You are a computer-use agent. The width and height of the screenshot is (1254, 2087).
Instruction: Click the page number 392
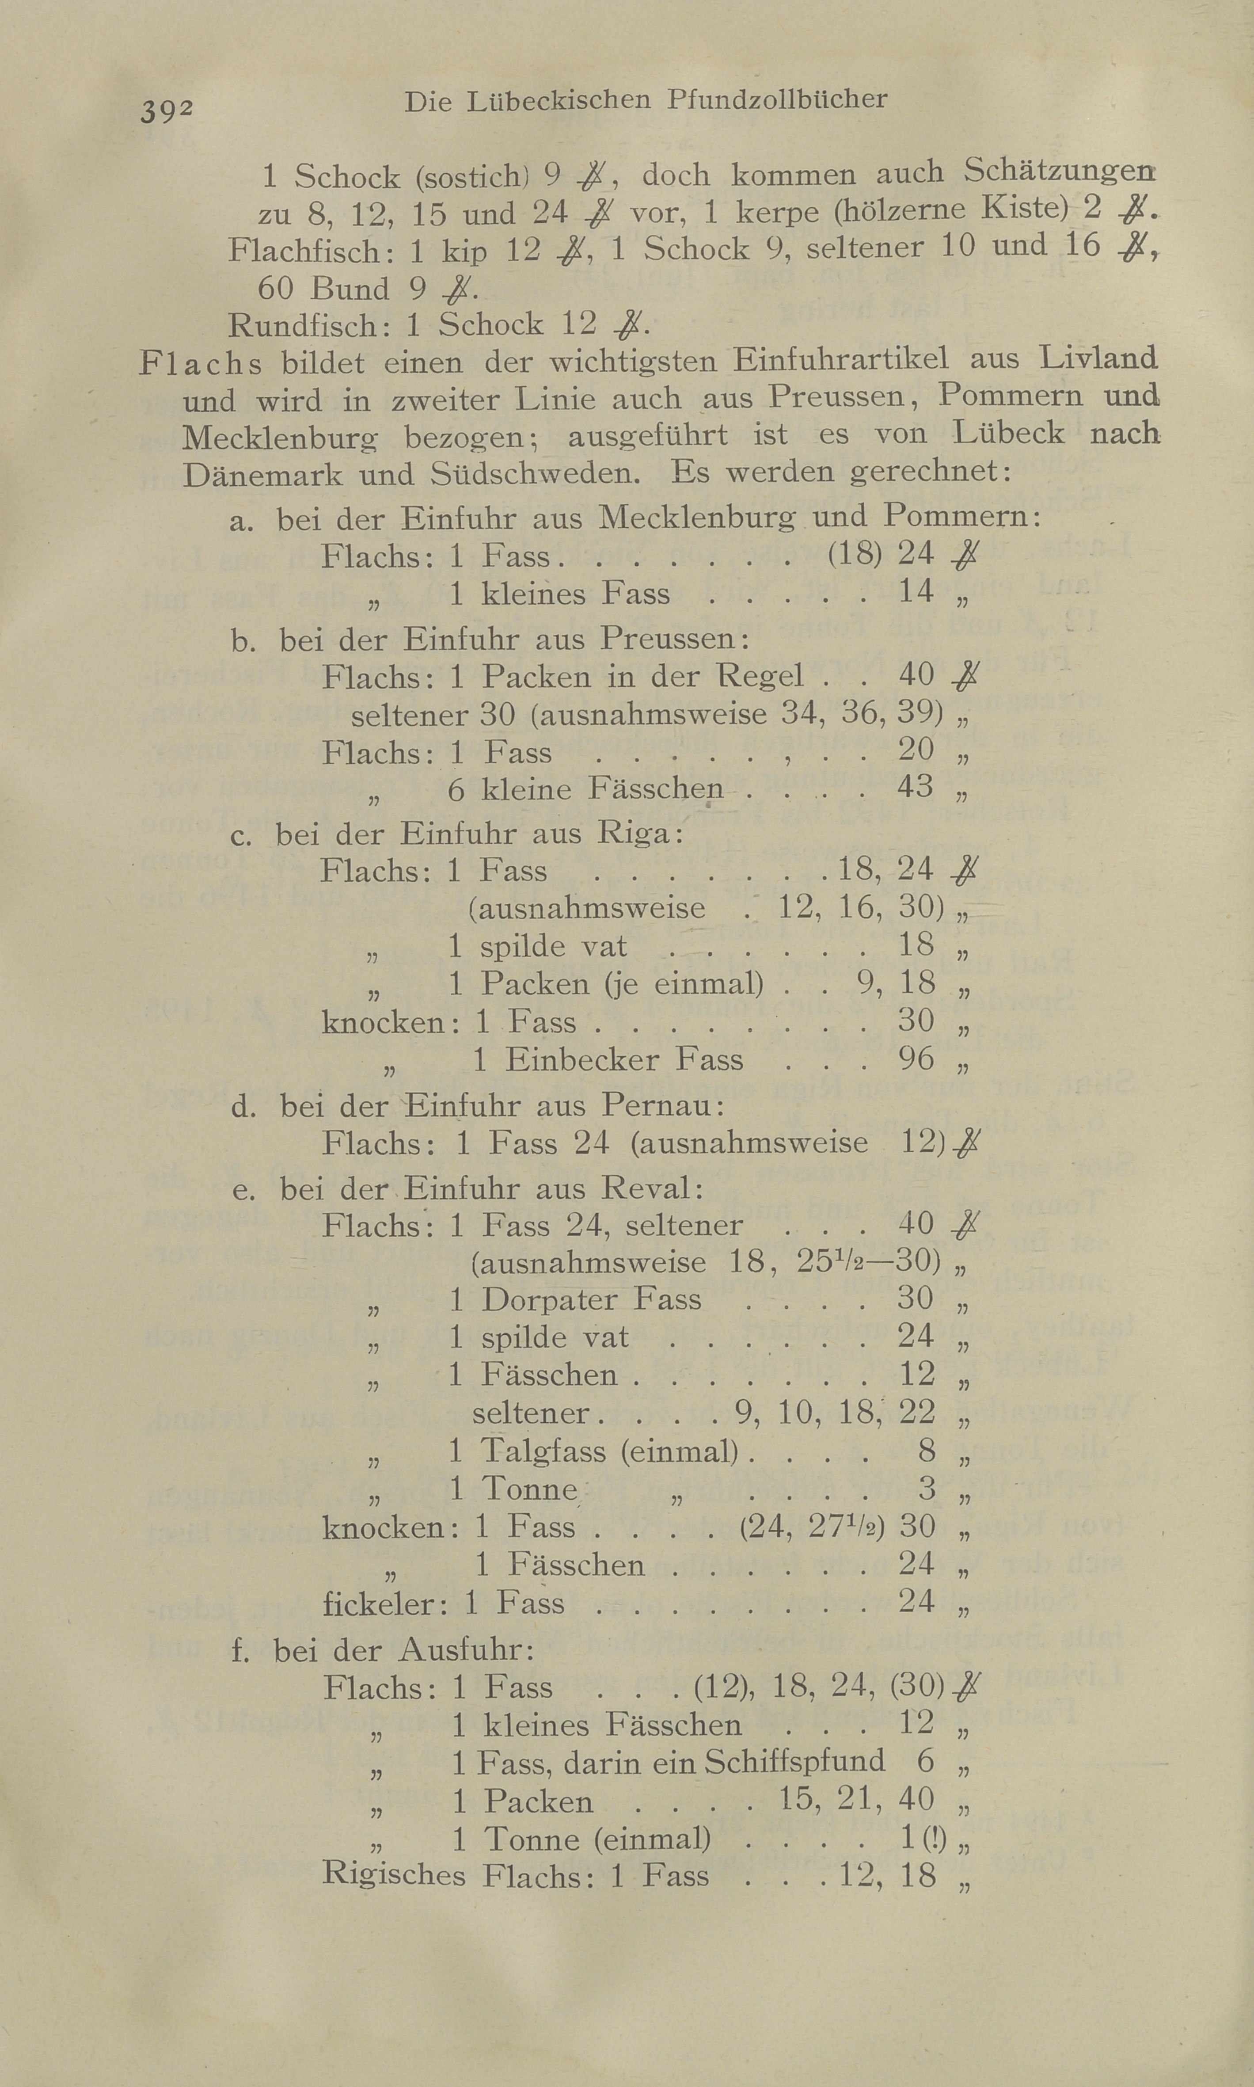pos(167,111)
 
